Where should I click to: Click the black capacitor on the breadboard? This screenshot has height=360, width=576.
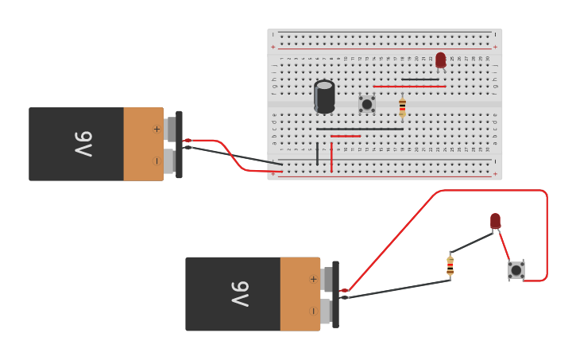tap(324, 96)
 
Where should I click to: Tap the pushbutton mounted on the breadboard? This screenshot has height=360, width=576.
tap(366, 104)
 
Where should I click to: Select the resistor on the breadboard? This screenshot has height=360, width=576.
tap(402, 107)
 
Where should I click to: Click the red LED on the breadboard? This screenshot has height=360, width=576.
tap(440, 60)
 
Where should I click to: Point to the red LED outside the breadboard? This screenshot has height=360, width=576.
tap(495, 220)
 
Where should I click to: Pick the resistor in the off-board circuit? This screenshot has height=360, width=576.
tap(450, 266)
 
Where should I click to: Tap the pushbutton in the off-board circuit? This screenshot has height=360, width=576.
tap(516, 270)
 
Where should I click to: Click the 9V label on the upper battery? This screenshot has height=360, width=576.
tap(83, 144)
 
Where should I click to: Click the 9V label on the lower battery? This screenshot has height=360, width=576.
tap(239, 293)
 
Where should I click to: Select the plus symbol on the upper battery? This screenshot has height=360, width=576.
tap(157, 129)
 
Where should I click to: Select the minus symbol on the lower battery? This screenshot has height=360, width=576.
tap(313, 310)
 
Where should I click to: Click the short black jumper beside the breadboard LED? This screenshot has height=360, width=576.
tap(419, 79)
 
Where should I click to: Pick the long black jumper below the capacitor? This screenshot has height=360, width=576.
tap(359, 129)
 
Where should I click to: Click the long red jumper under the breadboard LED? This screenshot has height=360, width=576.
tap(409, 86)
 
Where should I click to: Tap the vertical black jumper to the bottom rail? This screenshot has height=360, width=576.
tap(317, 153)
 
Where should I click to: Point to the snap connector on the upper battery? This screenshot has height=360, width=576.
tap(179, 144)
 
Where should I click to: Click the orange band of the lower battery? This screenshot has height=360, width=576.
tap(300, 293)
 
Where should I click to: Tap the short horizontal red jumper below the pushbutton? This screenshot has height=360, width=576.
tap(346, 137)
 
